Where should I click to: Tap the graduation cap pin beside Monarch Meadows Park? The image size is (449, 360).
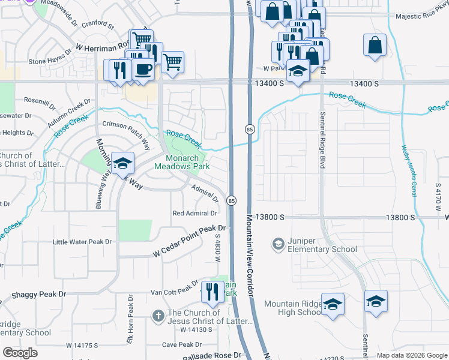point(122,163)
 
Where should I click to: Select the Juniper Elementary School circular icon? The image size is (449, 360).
point(278,244)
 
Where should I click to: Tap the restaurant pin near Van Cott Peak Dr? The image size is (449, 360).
point(212,292)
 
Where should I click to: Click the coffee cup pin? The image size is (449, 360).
point(143,69)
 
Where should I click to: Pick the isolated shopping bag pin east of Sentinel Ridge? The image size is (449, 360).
point(375,45)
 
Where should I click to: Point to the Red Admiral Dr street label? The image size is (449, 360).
point(194,214)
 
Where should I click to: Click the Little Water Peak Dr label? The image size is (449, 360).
point(82,242)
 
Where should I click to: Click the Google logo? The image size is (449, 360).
point(20,353)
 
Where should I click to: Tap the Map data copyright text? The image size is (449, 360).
point(411,355)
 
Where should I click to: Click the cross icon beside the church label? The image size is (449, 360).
point(158,316)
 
